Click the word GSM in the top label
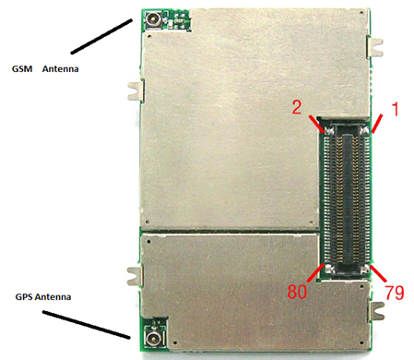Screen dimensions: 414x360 click(x=22, y=68)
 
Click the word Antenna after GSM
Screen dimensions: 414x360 click(x=61, y=68)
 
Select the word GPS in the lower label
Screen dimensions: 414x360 click(x=24, y=297)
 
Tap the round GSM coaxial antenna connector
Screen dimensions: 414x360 click(x=152, y=20)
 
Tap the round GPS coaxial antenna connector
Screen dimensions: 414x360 click(x=152, y=340)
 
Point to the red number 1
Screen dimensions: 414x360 click(x=396, y=110)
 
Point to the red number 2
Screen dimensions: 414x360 click(x=297, y=108)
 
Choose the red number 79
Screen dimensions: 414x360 click(x=395, y=293)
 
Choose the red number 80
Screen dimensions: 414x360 click(x=297, y=292)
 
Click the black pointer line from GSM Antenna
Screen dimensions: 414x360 click(x=101, y=36)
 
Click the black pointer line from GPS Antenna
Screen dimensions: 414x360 click(x=87, y=325)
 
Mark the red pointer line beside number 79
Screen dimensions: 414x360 click(x=379, y=273)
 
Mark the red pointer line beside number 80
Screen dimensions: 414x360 click(x=315, y=272)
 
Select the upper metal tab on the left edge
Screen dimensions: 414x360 click(x=136, y=90)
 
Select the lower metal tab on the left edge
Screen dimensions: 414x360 click(x=136, y=276)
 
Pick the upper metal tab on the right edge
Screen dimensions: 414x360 click(x=375, y=47)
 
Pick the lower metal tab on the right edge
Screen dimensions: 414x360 click(x=376, y=311)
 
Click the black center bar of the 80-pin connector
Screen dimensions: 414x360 click(x=347, y=198)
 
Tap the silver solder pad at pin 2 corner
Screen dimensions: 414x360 click(x=329, y=131)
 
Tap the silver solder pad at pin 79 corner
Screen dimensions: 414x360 click(x=365, y=270)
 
